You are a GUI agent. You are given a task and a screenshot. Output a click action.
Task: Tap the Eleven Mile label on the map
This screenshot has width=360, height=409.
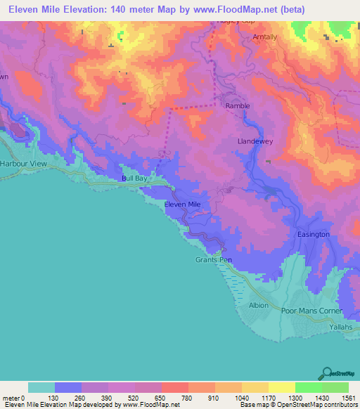182,204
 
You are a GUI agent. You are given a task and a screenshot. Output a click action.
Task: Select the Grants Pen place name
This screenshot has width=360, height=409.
213,260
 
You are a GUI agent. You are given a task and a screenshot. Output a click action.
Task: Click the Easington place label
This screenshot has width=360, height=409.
313,234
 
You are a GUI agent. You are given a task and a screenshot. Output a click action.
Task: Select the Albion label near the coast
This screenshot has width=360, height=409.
259,306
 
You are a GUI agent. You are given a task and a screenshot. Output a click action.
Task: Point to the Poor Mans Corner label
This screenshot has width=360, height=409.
311,311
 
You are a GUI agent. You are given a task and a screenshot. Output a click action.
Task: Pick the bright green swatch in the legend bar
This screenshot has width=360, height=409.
308,387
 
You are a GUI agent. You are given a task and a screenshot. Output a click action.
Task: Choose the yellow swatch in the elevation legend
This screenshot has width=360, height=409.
281,387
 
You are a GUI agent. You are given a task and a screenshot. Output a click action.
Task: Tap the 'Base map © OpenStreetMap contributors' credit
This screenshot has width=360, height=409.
297,405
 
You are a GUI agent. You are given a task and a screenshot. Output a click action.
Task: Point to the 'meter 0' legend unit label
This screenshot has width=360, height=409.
15,398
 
